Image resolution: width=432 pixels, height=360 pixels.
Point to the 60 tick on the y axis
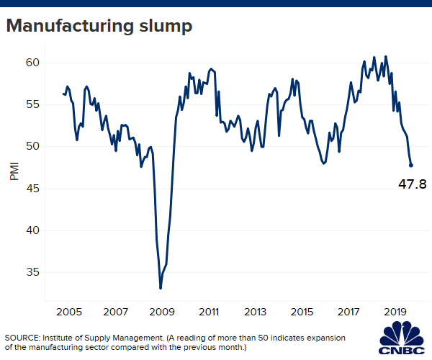[x=32, y=63]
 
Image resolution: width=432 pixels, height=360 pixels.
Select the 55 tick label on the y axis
[x=32, y=104]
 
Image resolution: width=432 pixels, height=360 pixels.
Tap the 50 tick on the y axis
[x=32, y=146]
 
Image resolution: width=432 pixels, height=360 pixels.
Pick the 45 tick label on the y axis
[x=32, y=189]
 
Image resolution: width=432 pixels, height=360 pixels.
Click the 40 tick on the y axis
[x=32, y=230]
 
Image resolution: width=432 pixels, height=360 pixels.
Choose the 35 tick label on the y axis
[x=32, y=272]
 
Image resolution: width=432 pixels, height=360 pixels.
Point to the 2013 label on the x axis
[x=256, y=313]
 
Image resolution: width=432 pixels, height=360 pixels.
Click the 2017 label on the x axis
[x=348, y=313]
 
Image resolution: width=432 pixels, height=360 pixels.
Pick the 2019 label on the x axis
[x=395, y=313]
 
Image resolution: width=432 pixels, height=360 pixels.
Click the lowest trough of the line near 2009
[x=161, y=288]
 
